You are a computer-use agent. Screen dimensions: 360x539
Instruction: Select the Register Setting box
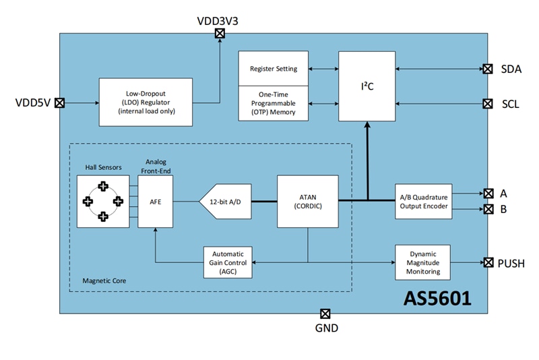tap(274, 69)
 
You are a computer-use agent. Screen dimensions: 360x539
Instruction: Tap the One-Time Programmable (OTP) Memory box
tap(274, 104)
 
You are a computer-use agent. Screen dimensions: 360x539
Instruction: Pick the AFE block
tap(156, 201)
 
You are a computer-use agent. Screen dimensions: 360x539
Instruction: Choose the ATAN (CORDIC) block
tap(308, 201)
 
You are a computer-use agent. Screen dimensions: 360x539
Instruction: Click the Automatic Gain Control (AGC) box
tap(228, 262)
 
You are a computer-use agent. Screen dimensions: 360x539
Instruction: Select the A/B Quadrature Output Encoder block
tap(422, 201)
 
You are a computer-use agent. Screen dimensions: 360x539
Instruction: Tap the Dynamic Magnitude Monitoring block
tap(422, 262)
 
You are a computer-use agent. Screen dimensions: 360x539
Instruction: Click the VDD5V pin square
tap(59, 103)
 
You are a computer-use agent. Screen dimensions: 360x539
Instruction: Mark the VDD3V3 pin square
tap(219, 34)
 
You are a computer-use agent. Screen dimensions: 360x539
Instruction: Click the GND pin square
tap(325, 314)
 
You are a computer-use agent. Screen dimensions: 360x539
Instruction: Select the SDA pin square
tap(487, 69)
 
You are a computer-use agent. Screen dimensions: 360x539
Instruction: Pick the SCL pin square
tap(487, 104)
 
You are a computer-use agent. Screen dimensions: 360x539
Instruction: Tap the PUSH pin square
tap(487, 262)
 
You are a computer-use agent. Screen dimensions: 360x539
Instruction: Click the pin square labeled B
tap(487, 209)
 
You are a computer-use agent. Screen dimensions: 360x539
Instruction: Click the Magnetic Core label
tap(104, 280)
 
